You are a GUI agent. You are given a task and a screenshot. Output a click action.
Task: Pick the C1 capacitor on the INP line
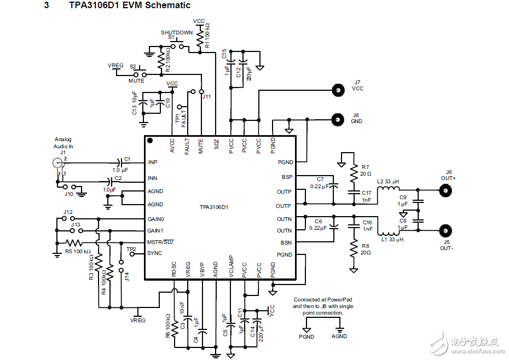[x=119, y=162]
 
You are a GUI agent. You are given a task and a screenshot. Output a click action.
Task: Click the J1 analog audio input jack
[x=57, y=162]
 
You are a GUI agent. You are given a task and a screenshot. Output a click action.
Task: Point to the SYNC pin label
[x=155, y=253]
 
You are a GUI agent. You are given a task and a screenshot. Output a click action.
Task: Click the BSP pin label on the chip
[x=287, y=177]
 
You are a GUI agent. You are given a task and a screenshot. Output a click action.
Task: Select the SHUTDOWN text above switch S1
[x=176, y=32]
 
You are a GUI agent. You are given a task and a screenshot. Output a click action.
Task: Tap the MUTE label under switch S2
[x=136, y=81]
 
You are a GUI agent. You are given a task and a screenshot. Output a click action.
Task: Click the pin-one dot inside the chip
[x=151, y=141]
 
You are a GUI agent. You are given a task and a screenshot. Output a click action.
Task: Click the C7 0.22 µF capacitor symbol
[x=335, y=187]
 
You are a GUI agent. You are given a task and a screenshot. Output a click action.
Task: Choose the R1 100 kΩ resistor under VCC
[x=200, y=38]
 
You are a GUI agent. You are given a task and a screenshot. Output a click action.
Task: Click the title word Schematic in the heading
[x=166, y=5]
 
